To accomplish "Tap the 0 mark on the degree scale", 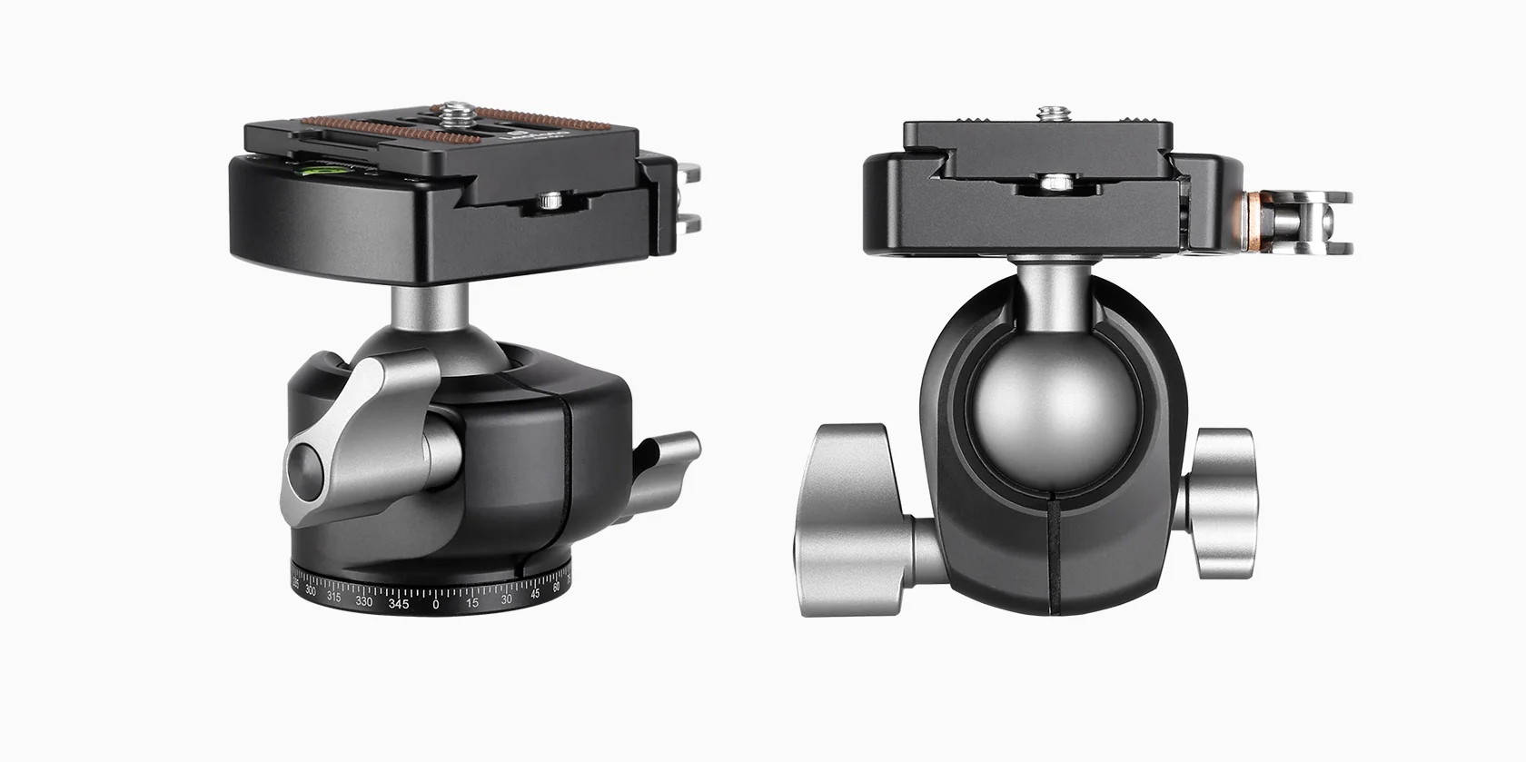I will [436, 604].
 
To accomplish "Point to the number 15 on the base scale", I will [472, 602].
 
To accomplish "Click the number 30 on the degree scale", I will [507, 598].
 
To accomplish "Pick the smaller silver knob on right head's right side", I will [1222, 501].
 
